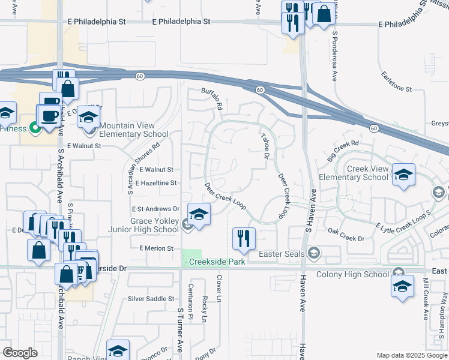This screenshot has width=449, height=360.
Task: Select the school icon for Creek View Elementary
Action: tap(403, 175)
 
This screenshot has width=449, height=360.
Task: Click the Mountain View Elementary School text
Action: tap(134, 130)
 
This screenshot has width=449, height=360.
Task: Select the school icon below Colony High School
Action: tap(402, 286)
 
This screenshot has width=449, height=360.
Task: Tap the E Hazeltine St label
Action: tap(156, 183)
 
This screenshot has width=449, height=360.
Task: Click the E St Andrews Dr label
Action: tap(155, 209)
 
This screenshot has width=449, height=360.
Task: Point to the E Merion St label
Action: tap(156, 248)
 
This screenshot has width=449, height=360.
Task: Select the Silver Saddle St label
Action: tap(151, 299)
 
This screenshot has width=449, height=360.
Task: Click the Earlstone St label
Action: tap(397, 89)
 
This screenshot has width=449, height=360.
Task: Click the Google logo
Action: tap(20, 352)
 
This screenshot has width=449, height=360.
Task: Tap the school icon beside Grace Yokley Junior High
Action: tap(199, 214)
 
